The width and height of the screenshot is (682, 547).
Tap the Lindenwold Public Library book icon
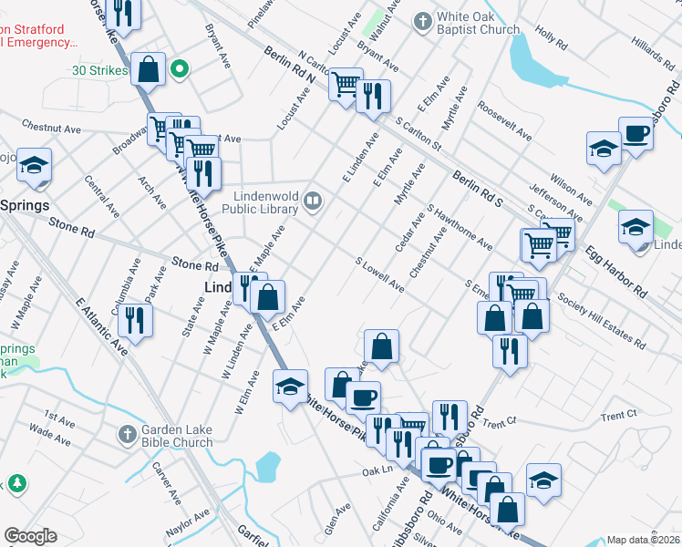pos(313,200)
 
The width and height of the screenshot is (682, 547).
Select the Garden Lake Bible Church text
pos(178,436)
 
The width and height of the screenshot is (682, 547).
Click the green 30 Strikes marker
pos(181,68)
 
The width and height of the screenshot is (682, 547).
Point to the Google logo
pos(30,536)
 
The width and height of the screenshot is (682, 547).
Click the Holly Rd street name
pos(552,39)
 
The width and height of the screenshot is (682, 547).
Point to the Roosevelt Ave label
pos(504,120)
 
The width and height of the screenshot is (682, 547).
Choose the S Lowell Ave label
pos(380,273)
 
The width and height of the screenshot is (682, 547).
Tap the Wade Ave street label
pos(49,434)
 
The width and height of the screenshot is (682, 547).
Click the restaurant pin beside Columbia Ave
pos(135,320)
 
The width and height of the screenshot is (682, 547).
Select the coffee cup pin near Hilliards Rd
pos(636,134)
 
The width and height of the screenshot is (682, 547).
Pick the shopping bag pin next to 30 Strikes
pos(148,68)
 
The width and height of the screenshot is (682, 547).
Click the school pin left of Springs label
pos(34,165)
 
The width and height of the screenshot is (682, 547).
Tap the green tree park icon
pos(16,483)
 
